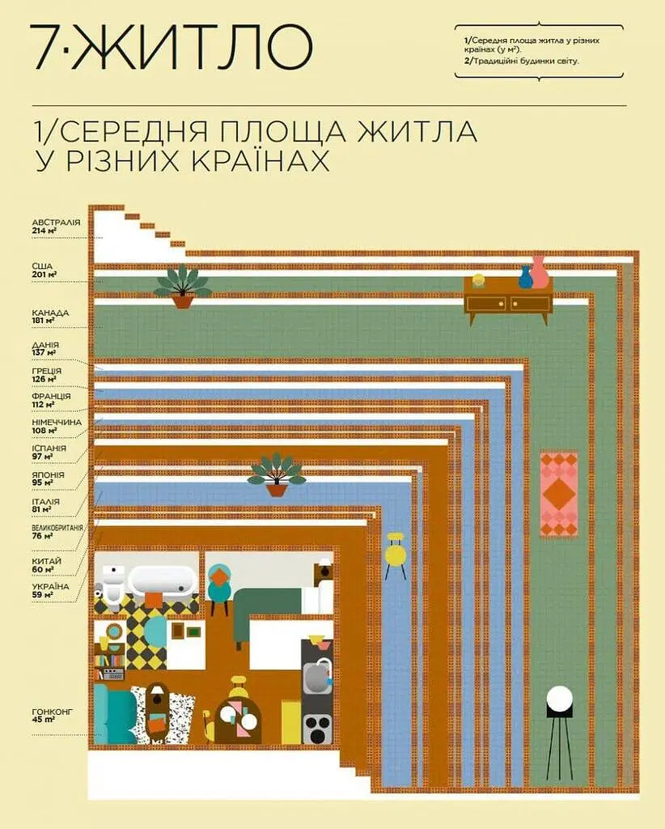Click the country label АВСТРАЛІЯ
(x=56, y=222)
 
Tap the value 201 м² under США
(x=44, y=274)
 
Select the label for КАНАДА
(x=50, y=312)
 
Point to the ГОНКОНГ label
(x=53, y=712)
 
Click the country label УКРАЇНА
(x=50, y=586)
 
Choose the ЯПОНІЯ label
(x=48, y=474)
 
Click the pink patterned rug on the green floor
(x=559, y=494)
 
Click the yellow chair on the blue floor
(x=396, y=555)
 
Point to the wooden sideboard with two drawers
(x=509, y=301)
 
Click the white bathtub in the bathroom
(x=163, y=580)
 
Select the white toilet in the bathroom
(x=112, y=585)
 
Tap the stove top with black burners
(x=317, y=729)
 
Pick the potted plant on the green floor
(x=182, y=287)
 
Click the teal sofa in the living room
(x=113, y=714)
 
